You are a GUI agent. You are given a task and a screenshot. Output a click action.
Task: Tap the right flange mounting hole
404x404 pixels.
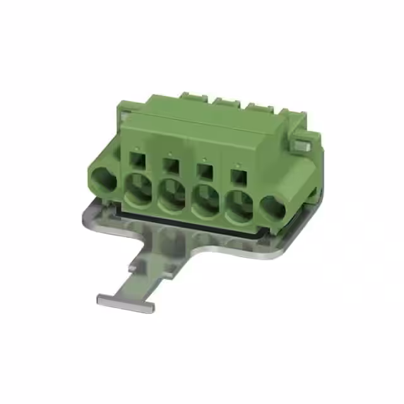coord(272,207)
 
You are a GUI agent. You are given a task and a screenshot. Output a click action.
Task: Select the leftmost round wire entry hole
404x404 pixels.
coord(138,189)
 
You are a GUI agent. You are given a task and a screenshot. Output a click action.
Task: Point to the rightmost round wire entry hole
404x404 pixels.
coord(239,206)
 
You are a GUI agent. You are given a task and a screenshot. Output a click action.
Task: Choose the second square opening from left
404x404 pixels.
coord(169,163)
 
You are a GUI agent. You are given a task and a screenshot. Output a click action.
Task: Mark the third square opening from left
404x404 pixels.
coord(203,169)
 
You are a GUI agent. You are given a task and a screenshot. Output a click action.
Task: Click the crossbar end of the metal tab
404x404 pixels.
coord(125,303)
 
